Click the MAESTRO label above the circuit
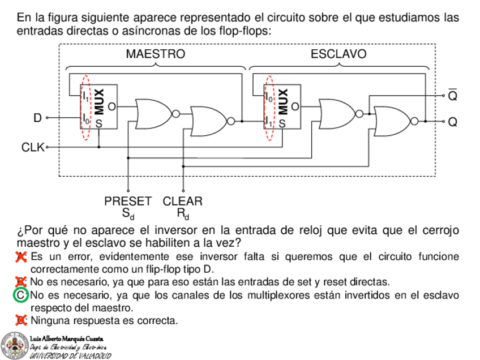[155, 54]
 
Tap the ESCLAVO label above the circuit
[338, 54]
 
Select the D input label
[37, 118]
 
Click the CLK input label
[33, 147]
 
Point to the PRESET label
[128, 202]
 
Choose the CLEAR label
[182, 202]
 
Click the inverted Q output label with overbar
[452, 96]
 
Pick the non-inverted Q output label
[452, 122]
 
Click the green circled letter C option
[21, 295]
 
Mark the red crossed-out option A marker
[21, 257]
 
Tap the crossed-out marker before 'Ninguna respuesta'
[21, 320]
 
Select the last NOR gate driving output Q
[395, 121]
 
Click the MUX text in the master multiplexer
[98, 101]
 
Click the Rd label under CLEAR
[182, 214]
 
